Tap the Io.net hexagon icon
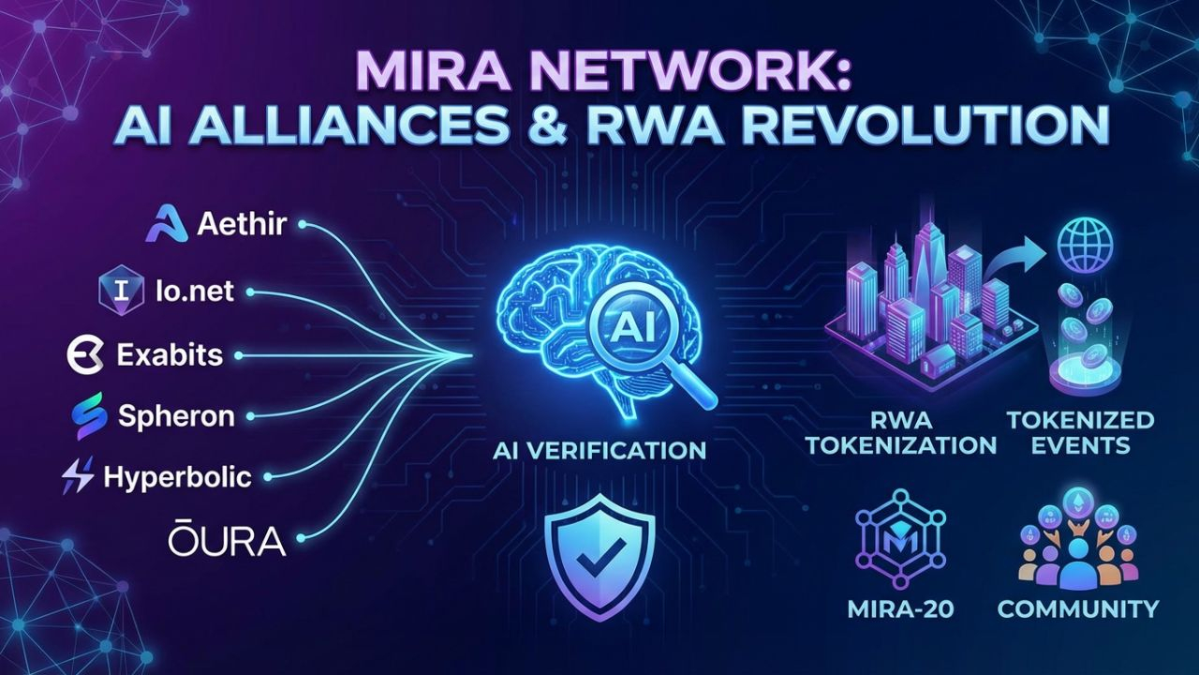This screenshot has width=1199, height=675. [122, 290]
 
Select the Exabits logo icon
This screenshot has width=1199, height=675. [85, 355]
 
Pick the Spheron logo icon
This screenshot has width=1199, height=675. [91, 415]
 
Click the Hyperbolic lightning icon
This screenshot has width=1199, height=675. [77, 476]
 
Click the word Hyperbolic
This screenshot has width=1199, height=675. [178, 476]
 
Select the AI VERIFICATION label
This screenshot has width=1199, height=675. [599, 450]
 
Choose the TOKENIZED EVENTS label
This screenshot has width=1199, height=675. [1081, 431]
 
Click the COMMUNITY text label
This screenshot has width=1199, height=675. [1078, 608]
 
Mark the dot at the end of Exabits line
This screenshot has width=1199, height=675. [239, 356]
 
